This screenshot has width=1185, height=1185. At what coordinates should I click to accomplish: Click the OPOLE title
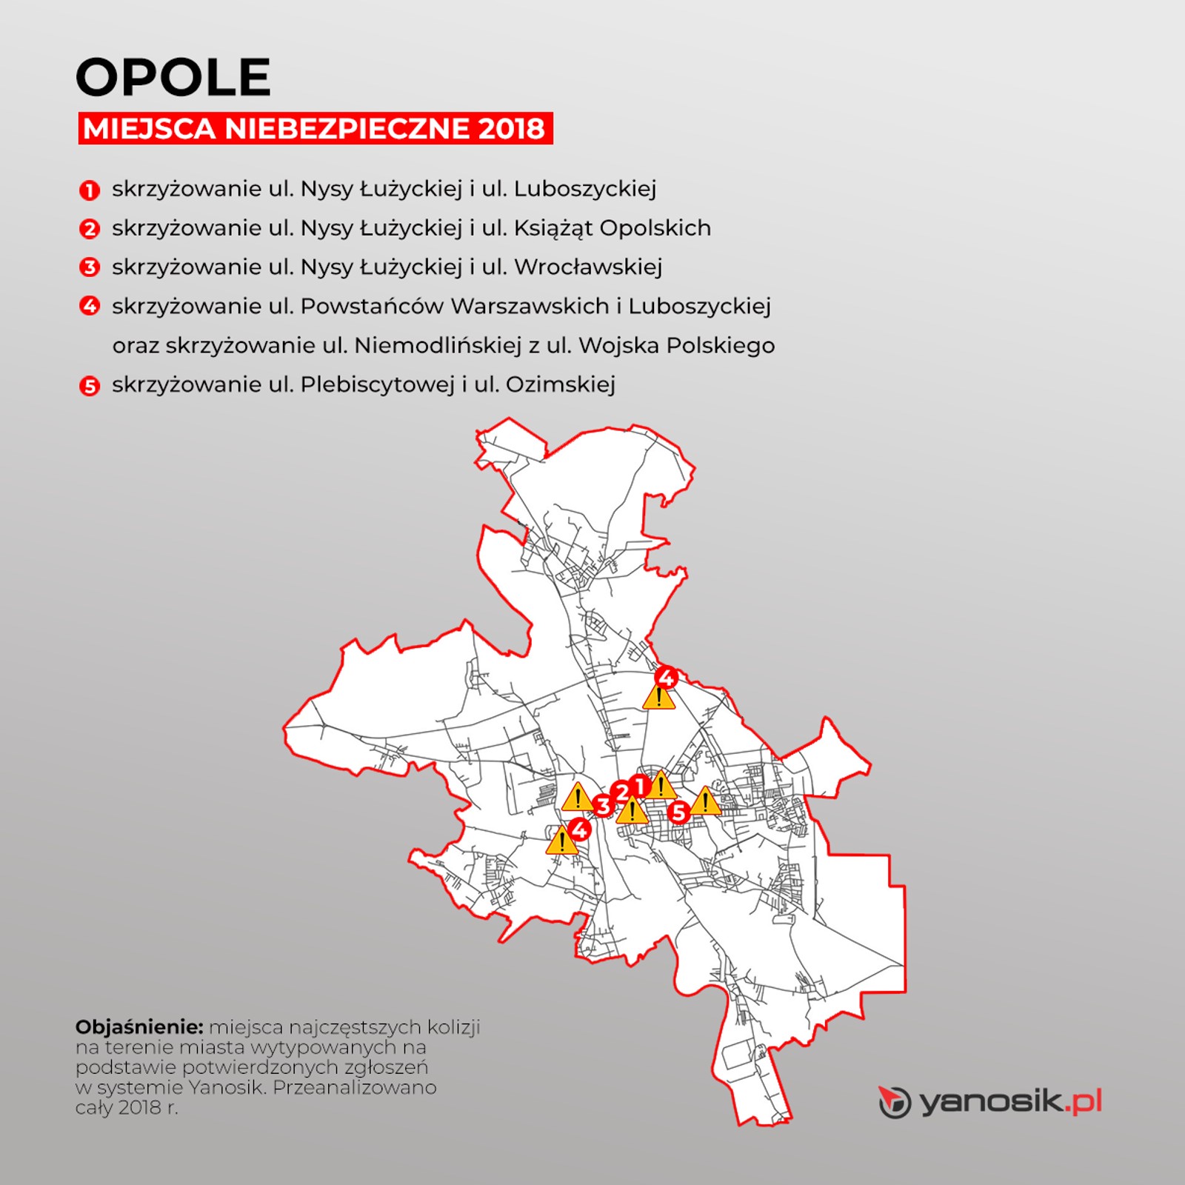click(x=173, y=77)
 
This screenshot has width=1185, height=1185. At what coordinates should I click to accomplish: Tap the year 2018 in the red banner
click(x=511, y=129)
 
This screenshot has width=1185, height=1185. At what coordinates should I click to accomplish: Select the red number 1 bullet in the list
click(x=90, y=190)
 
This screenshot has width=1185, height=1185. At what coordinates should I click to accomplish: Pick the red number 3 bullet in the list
click(x=90, y=267)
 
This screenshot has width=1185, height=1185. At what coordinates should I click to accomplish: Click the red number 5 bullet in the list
click(x=90, y=386)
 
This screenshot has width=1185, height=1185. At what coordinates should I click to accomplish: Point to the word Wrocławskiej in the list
click(x=588, y=267)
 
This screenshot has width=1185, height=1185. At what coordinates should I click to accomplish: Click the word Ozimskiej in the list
click(x=561, y=384)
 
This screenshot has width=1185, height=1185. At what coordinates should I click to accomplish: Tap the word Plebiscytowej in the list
click(x=377, y=384)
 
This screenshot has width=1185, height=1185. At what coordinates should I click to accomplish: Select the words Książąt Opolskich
click(x=612, y=228)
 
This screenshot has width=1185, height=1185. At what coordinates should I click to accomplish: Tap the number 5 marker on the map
click(x=678, y=812)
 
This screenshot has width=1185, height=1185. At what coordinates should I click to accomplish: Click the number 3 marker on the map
click(x=603, y=806)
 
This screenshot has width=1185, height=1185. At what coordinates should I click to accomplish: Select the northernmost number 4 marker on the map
click(x=666, y=677)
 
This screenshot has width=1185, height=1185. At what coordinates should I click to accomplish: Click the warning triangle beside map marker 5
click(x=705, y=801)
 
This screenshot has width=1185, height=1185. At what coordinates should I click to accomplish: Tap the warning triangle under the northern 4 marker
click(x=658, y=698)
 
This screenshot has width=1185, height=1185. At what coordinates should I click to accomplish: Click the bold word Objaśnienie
click(x=139, y=1027)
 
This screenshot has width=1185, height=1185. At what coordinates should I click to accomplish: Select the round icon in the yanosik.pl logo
click(x=895, y=1102)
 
